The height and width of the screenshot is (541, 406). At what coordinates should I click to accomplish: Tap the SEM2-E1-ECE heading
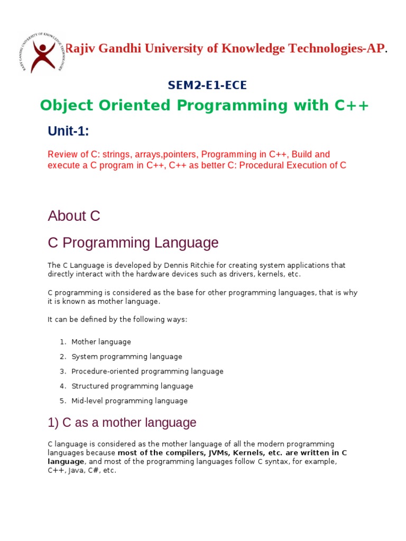click(x=207, y=85)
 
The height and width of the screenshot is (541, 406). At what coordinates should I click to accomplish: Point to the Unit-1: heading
click(x=68, y=131)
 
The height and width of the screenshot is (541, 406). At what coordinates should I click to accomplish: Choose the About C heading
click(x=74, y=216)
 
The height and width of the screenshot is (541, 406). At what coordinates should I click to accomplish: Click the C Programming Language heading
click(x=133, y=243)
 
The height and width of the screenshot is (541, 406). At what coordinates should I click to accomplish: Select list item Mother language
click(x=101, y=342)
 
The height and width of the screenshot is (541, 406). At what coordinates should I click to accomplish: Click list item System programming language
click(x=127, y=357)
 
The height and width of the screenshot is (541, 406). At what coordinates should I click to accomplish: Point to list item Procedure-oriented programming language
click(x=147, y=371)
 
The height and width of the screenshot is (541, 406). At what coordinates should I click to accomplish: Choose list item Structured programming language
click(x=132, y=386)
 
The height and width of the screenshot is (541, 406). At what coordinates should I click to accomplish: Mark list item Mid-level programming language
click(x=130, y=401)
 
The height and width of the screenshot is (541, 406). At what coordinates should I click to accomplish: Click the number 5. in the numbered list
click(x=63, y=401)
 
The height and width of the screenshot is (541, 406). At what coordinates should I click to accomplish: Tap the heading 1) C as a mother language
click(x=122, y=423)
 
